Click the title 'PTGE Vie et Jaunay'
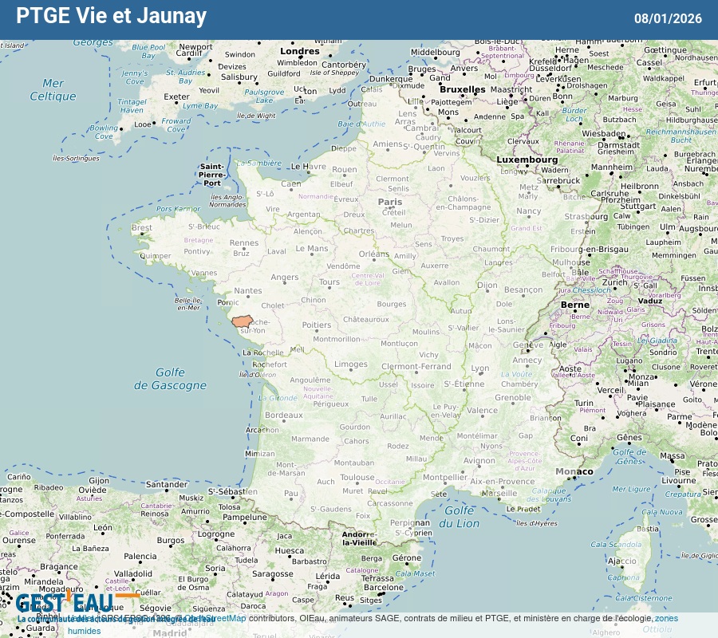(x=112, y=16)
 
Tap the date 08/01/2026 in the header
(x=668, y=18)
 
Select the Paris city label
(x=390, y=203)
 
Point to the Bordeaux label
(x=284, y=415)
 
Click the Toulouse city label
(x=357, y=478)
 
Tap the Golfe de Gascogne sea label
(x=170, y=379)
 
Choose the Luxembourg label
(x=527, y=159)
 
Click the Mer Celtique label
(x=53, y=89)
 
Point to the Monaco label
(x=575, y=471)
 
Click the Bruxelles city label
(x=462, y=89)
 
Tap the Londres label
(x=300, y=51)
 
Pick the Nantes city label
(x=248, y=291)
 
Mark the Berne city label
(x=575, y=305)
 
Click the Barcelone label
(x=384, y=588)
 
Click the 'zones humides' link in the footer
(x=666, y=618)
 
